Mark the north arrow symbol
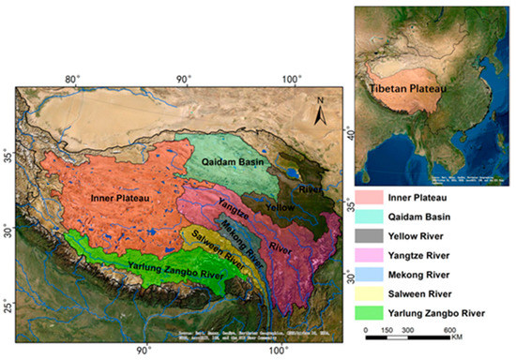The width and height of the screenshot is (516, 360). point(320,111)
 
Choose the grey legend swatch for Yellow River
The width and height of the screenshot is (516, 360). point(372,236)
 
